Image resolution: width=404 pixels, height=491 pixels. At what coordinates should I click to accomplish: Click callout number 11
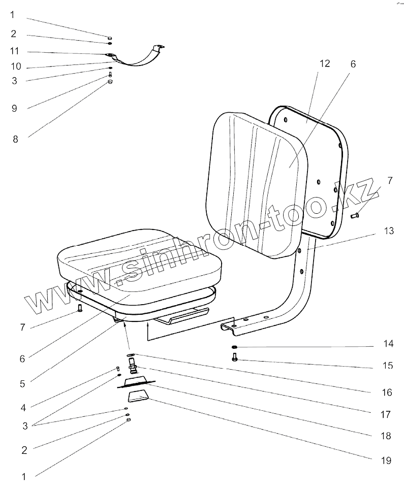click(15, 51)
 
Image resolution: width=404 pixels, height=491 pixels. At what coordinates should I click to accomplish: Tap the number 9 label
click(15, 108)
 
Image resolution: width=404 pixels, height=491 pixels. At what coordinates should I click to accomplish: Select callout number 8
click(15, 139)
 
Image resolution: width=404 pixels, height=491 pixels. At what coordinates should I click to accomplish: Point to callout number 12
click(325, 63)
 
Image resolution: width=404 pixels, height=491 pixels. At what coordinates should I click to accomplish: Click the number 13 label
click(389, 231)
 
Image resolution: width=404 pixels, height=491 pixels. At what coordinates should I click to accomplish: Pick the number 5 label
click(22, 384)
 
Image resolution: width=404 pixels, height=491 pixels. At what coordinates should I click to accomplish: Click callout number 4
click(22, 407)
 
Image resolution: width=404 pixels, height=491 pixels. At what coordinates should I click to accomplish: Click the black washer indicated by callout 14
click(234, 347)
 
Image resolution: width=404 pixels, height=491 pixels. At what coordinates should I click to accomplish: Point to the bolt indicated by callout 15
click(234, 359)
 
